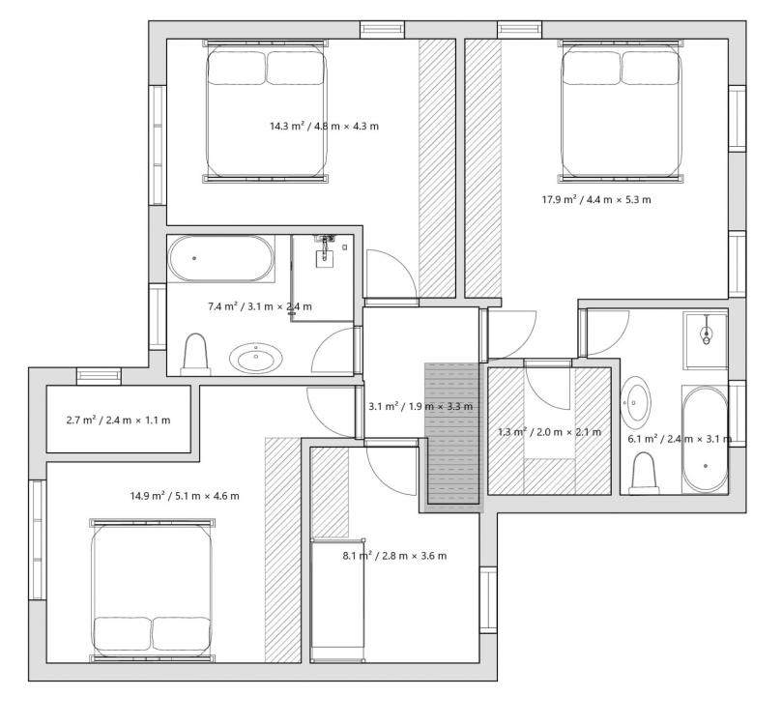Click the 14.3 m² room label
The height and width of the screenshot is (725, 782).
click(324, 127)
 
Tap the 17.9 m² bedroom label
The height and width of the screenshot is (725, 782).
click(596, 200)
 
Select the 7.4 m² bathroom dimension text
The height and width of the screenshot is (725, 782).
click(260, 306)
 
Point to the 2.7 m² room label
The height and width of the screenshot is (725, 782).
click(118, 420)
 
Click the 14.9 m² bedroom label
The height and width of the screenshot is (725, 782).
click(185, 496)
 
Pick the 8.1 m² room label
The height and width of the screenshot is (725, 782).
click(394, 556)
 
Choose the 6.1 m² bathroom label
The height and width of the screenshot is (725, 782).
click(680, 439)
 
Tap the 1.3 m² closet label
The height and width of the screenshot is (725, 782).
click(550, 432)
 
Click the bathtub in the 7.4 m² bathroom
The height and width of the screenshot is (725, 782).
click(221, 259)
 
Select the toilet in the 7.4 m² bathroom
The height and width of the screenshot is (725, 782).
click(195, 355)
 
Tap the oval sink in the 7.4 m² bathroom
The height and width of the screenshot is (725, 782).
click(256, 358)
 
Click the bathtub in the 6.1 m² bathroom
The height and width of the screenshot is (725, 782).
click(706, 439)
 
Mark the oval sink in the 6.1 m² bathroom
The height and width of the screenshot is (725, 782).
click(635, 402)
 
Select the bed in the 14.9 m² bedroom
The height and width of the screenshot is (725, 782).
click(152, 591)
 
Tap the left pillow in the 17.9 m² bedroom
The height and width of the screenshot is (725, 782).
click(592, 69)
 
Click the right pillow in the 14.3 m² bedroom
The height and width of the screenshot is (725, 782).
click(296, 68)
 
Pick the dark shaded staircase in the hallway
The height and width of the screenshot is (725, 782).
click(451, 433)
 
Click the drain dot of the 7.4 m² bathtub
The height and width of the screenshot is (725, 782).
click(194, 258)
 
